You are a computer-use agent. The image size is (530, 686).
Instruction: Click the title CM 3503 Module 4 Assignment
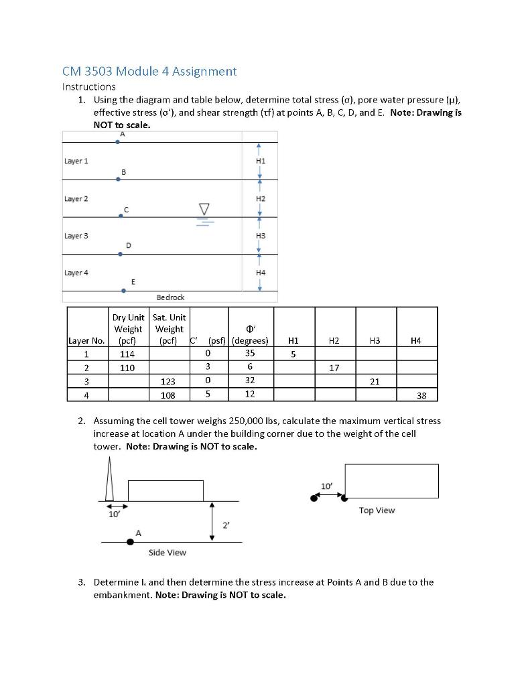(x=149, y=71)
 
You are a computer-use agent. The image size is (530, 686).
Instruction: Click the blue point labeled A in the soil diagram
(x=118, y=141)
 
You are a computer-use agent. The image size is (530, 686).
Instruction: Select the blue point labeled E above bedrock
(x=123, y=291)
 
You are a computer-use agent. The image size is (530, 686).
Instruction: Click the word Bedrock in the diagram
(x=170, y=297)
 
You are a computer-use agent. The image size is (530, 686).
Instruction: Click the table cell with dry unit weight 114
(x=127, y=354)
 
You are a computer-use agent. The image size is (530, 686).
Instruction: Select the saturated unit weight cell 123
(x=168, y=381)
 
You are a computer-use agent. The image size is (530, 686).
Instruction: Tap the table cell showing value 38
(x=421, y=395)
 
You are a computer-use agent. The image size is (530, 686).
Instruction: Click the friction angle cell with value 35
(x=249, y=353)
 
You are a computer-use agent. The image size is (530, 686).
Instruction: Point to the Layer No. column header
(x=86, y=341)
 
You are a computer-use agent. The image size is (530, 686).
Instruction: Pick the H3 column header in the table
(x=375, y=341)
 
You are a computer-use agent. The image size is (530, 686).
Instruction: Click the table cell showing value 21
(x=375, y=381)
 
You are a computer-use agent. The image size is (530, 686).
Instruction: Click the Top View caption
(x=377, y=510)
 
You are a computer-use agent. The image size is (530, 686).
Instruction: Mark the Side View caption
(x=167, y=553)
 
